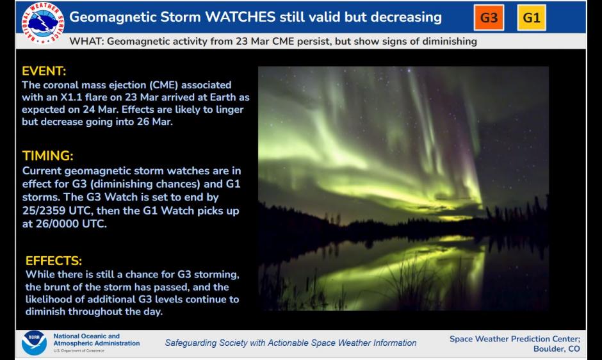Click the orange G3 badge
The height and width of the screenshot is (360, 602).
(x=489, y=17)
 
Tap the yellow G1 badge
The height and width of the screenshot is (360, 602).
(x=532, y=17)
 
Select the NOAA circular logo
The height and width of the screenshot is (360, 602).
(x=34, y=343)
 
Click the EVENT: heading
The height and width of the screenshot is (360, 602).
(x=44, y=71)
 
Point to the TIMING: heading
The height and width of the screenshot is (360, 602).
(x=48, y=156)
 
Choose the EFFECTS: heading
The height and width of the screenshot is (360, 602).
(x=54, y=261)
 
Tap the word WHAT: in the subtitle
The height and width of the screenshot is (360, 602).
(x=86, y=42)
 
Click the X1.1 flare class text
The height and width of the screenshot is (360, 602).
(x=79, y=97)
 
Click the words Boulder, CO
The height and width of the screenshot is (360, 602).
(x=557, y=349)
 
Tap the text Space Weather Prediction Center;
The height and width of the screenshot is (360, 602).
(x=515, y=339)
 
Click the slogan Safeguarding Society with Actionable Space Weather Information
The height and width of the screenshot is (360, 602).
(x=291, y=343)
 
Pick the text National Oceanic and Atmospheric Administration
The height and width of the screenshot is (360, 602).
(x=96, y=340)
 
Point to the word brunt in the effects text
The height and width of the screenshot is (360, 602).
(x=60, y=287)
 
